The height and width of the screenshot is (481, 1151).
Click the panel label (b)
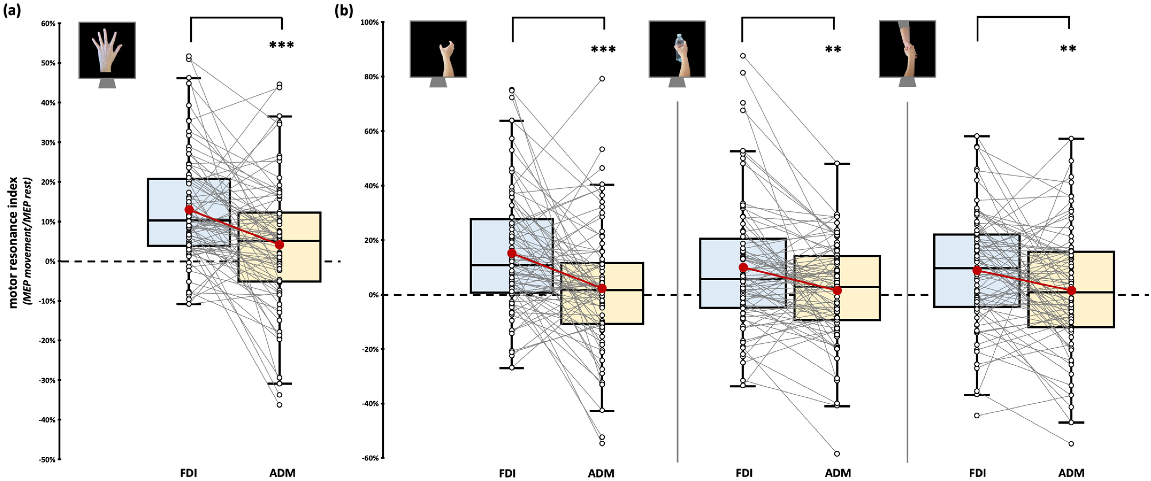tap(344, 10)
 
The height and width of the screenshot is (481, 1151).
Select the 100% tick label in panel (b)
tap(370, 22)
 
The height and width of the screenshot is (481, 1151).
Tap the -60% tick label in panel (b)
tap(370, 458)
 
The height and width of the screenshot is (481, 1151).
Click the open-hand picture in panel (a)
tap(107, 50)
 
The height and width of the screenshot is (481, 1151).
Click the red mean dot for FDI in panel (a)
tap(189, 210)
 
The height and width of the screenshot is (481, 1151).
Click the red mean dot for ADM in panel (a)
tap(279, 245)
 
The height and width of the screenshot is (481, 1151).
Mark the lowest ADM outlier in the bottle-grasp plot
tap(837, 454)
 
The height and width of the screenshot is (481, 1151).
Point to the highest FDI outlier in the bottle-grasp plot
tap(743, 56)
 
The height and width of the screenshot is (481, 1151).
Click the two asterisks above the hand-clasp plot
tap(1068, 49)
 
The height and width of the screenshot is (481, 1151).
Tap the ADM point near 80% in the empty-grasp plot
tap(602, 79)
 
